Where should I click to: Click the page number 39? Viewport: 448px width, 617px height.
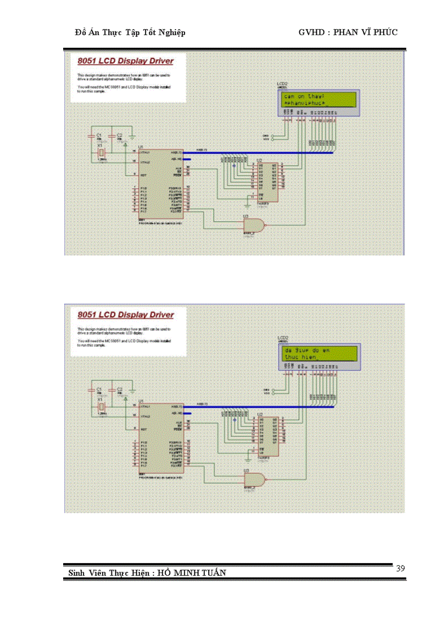point(400,568)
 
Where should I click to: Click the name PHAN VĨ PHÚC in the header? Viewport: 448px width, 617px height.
point(366,32)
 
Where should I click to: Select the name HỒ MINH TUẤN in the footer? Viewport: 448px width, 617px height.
point(192,573)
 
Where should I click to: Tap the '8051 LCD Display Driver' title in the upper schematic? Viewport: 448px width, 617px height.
point(125,61)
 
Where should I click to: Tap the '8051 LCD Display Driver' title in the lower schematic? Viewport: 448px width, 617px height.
point(125,315)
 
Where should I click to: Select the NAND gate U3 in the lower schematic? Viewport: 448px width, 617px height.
point(254,479)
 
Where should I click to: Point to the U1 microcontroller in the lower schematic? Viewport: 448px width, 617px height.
point(162,440)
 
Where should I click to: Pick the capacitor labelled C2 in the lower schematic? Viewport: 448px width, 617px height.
point(119,392)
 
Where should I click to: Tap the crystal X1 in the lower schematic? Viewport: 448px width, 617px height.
point(101,407)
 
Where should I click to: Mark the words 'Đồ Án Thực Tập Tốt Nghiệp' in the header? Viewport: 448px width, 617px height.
point(130,32)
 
